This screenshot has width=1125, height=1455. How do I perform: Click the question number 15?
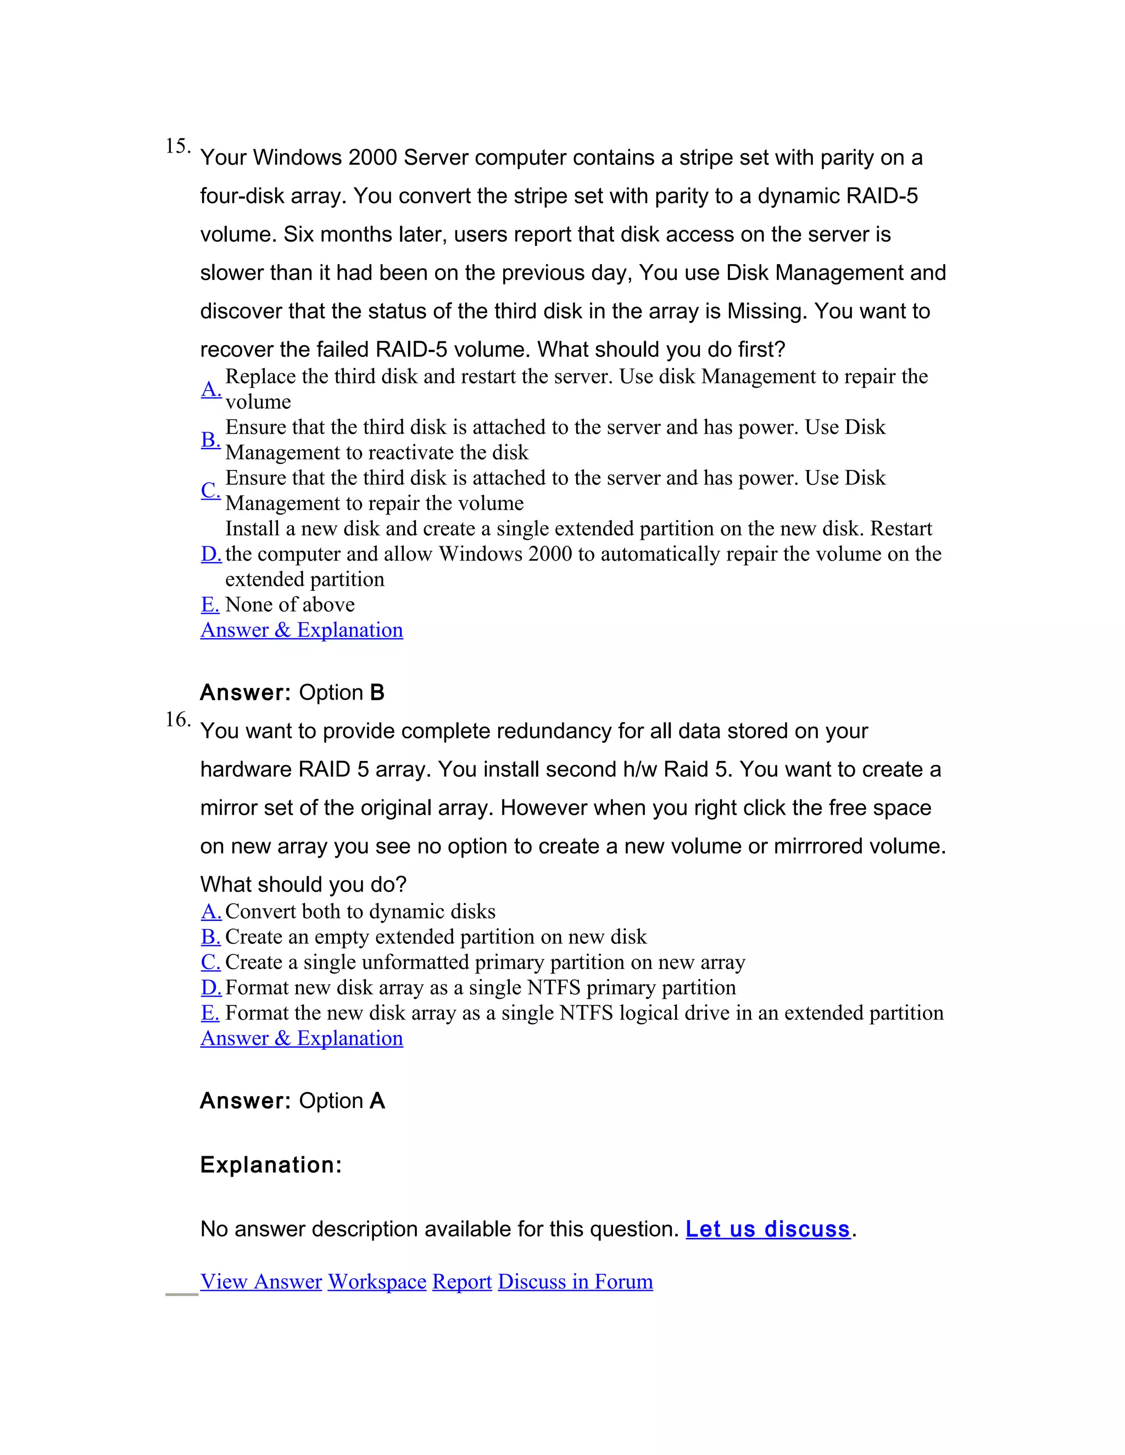[x=177, y=146]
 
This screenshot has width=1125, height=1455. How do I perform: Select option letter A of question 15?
[x=210, y=389]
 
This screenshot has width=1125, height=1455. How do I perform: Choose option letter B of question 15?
[x=210, y=440]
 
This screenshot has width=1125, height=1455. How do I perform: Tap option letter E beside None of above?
[x=210, y=605]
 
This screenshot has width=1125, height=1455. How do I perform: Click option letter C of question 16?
[x=210, y=962]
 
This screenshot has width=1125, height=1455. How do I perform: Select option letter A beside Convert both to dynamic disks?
[x=210, y=911]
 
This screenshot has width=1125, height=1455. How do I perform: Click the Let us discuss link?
[x=768, y=1229]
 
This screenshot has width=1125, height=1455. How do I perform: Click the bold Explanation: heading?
[x=271, y=1165]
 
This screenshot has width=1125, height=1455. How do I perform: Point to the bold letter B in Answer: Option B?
[x=377, y=693]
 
